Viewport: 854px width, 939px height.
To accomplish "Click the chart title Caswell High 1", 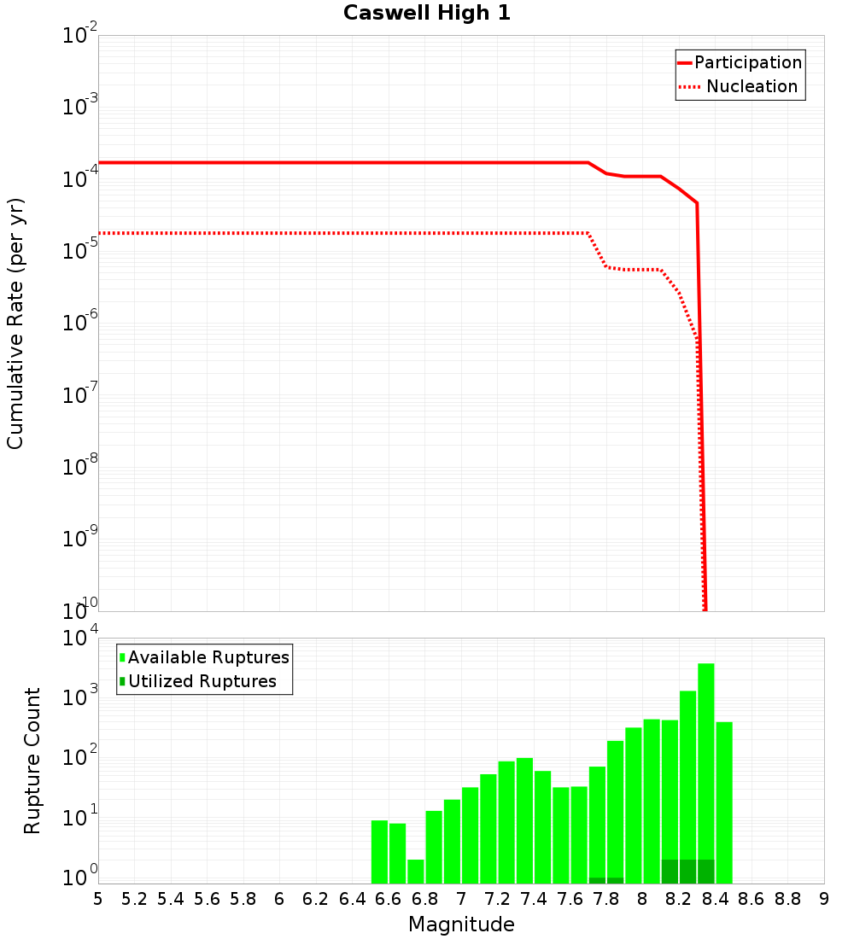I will (427, 14).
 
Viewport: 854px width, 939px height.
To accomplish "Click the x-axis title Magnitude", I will (461, 924).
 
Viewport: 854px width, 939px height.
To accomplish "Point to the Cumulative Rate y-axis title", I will (15, 324).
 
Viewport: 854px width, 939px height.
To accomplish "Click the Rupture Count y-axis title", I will (32, 761).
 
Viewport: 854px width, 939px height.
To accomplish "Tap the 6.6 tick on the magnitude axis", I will (389, 899).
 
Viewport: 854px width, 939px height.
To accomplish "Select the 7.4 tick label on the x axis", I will (534, 899).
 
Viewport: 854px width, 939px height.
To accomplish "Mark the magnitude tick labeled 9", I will (824, 899).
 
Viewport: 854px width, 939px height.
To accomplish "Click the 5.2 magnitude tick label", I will (134, 899).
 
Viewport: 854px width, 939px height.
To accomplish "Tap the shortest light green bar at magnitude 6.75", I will (416, 871).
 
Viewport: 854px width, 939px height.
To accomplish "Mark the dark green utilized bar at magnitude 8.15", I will (670, 872).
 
